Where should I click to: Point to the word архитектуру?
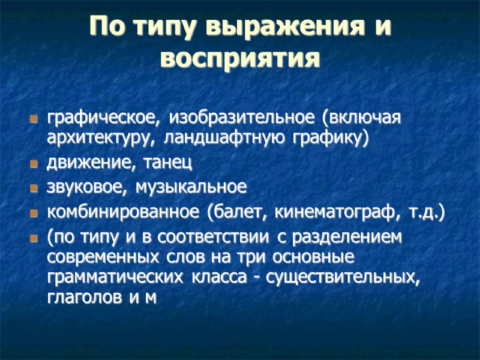click(103, 138)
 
